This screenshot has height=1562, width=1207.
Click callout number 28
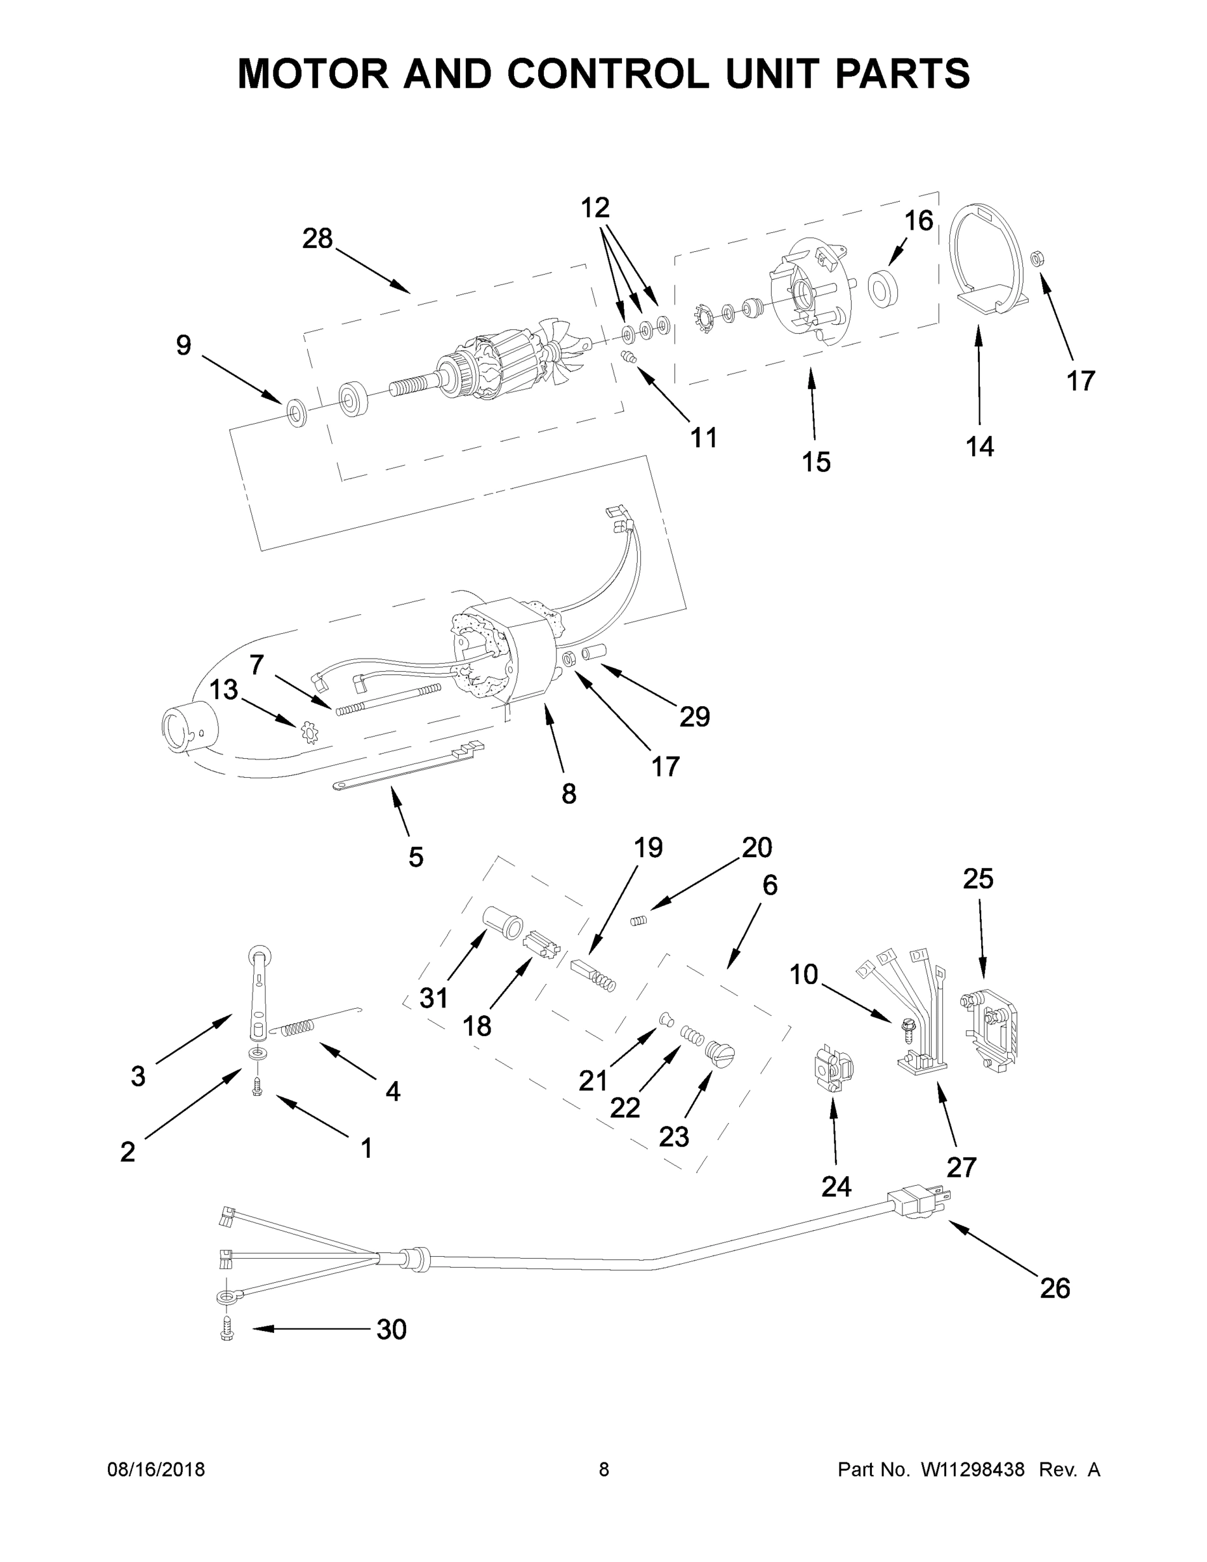317,238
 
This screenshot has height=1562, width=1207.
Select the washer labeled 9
295,413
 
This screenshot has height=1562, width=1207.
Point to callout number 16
918,221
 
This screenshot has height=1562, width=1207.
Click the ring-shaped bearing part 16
883,288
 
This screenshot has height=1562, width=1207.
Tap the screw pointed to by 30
227,1330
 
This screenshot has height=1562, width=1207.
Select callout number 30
391,1330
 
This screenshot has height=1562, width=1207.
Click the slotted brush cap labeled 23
721,1071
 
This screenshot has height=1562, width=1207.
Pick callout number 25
977,879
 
